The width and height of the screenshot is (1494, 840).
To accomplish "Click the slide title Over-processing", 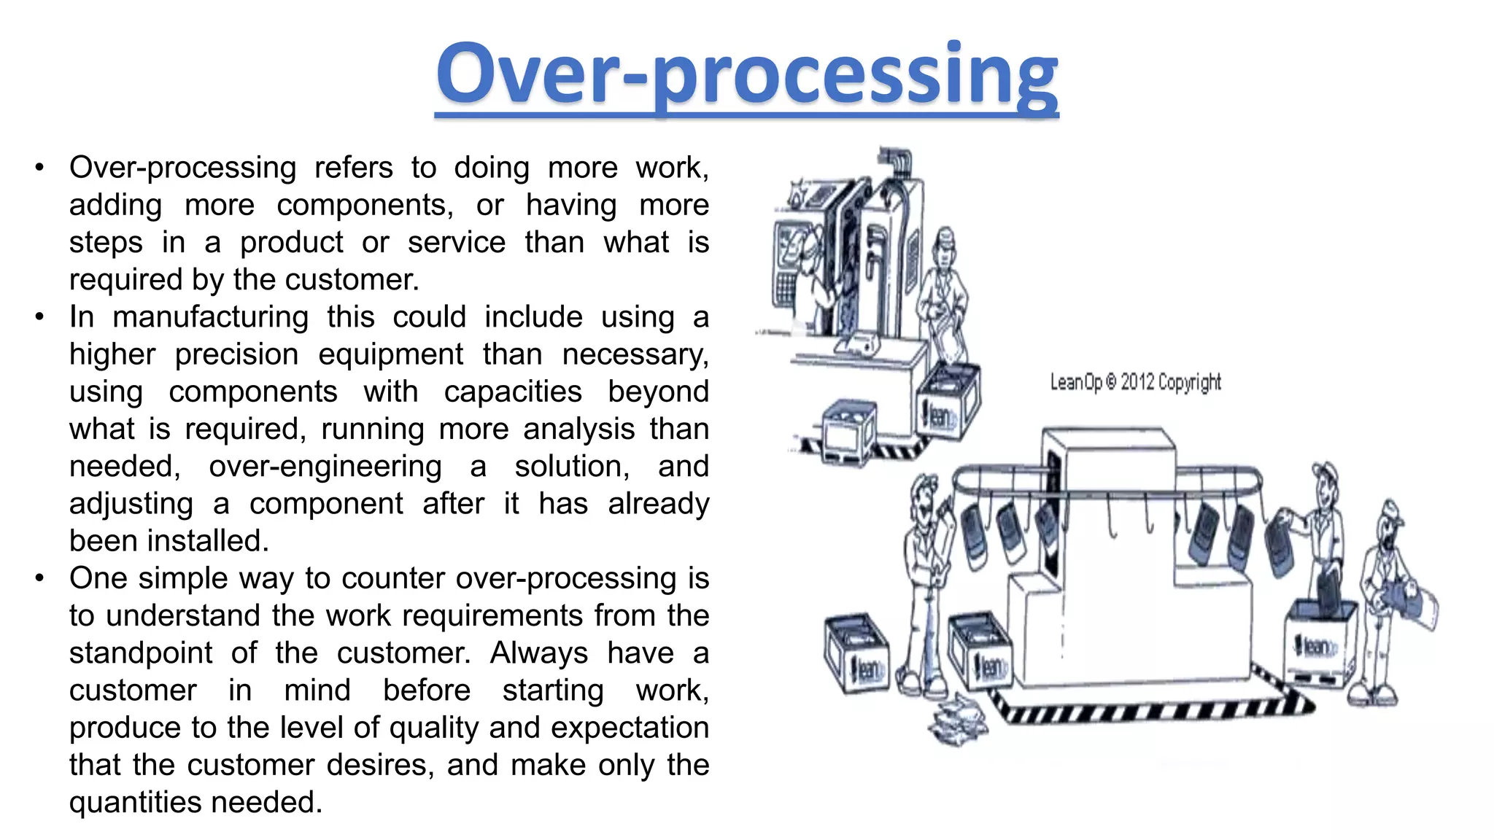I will [x=746, y=75].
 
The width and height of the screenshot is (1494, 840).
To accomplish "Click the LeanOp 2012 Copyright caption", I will [x=1135, y=382].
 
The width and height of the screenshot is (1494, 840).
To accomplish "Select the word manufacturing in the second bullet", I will [x=210, y=317].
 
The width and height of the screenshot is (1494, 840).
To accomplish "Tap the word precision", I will [x=236, y=354].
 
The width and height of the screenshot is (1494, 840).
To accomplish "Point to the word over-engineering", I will [x=325, y=467].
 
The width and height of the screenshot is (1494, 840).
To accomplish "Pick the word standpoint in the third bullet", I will [x=141, y=653].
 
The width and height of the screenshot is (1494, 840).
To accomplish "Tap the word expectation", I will [x=630, y=728].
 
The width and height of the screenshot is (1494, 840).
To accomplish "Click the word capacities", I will [x=513, y=392].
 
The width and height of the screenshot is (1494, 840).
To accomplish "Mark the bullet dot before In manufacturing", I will [x=39, y=317].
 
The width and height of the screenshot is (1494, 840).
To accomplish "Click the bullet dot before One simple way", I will [x=39, y=578].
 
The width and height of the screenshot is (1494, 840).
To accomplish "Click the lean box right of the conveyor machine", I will [x=1319, y=642].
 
